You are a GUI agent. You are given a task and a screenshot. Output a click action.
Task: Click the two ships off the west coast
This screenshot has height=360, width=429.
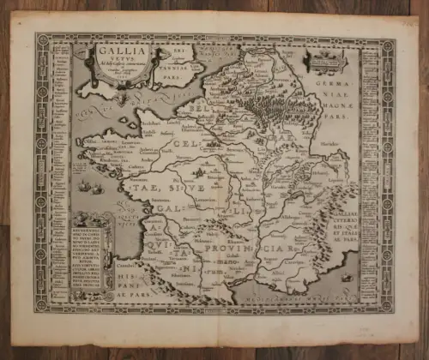pos(93,185)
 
